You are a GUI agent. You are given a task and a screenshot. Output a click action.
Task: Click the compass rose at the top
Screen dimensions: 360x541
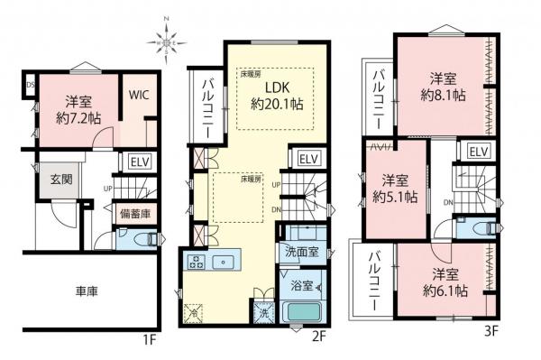169,39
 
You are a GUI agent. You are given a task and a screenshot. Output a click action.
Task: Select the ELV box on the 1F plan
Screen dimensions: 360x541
139,162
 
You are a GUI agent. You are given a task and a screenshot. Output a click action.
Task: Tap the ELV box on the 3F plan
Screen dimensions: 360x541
478,151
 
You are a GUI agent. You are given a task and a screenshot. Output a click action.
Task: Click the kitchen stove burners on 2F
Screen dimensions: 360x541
198,262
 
